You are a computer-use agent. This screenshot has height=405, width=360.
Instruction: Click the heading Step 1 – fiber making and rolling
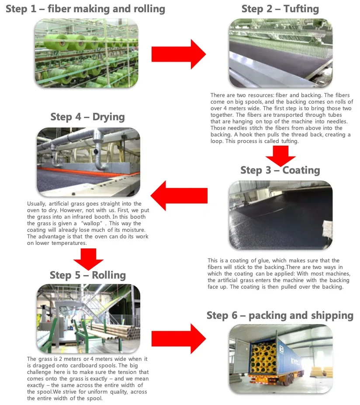pyautogui.click(x=85, y=9)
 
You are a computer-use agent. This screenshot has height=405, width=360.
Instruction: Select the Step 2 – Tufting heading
pyautogui.click(x=280, y=9)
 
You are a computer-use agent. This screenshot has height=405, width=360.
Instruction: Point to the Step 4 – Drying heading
pyautogui.click(x=87, y=117)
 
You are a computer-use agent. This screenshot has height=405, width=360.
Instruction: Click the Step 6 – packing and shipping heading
pyautogui.click(x=280, y=315)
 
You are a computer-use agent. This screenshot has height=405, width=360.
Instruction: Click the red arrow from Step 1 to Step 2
pyautogui.click(x=178, y=54)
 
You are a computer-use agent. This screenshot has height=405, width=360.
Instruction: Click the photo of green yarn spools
pyautogui.click(x=87, y=53)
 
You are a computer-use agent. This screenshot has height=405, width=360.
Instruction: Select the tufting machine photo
pyautogui.click(x=280, y=53)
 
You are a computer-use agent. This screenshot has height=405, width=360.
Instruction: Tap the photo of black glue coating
pyautogui.click(x=280, y=215)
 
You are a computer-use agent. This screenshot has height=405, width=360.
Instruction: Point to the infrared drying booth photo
pyautogui.click(x=88, y=162)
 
